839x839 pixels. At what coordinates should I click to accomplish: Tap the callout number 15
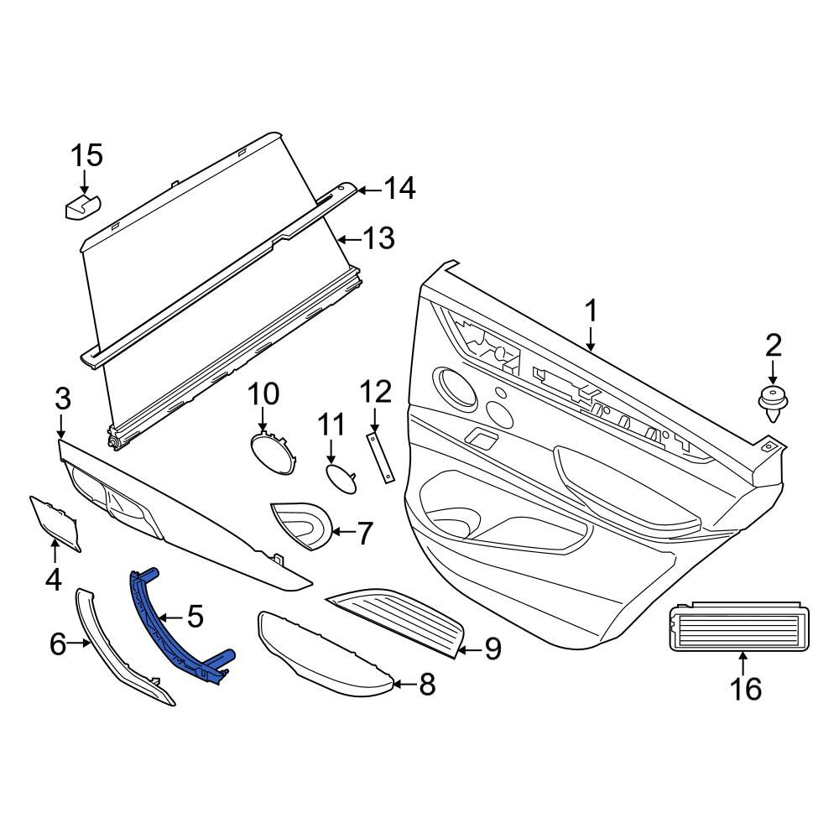point(86,156)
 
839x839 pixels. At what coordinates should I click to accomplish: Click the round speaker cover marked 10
point(274,453)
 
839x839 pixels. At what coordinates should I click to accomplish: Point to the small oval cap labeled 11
point(341,478)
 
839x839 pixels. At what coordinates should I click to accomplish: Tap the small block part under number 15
point(83,206)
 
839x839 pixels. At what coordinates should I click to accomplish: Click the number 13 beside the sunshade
point(379,238)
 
